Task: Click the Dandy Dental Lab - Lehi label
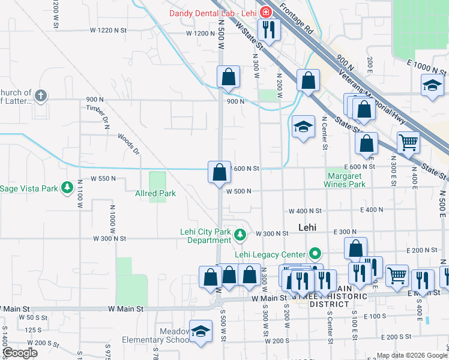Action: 212,13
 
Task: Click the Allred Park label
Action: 155,194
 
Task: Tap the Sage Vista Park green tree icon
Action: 67,188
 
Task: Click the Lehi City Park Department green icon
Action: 241,234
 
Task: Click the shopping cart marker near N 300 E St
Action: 408,143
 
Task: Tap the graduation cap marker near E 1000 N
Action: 432,85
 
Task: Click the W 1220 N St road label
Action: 109,29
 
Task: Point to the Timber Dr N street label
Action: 98,119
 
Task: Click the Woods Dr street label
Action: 128,144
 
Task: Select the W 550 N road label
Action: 103,179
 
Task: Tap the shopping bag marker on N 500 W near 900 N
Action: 228,77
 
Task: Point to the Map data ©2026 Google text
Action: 411,355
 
